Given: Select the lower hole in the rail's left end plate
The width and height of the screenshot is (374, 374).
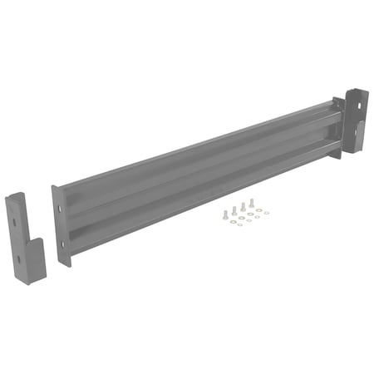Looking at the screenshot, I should (x=62, y=244).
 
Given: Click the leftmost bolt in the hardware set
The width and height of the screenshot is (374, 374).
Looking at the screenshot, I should (x=224, y=214).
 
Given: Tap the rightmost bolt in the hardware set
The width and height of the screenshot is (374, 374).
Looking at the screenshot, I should (x=252, y=202).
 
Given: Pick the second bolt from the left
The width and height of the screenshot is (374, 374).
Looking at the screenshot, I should (x=234, y=210).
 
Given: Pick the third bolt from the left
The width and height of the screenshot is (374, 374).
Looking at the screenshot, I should (x=243, y=206).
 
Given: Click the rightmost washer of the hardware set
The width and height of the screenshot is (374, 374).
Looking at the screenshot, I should (x=267, y=213).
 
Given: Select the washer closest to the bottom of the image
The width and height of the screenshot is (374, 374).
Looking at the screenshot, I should (x=239, y=224).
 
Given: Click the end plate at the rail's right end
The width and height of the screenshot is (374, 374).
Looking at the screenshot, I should (x=337, y=125).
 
